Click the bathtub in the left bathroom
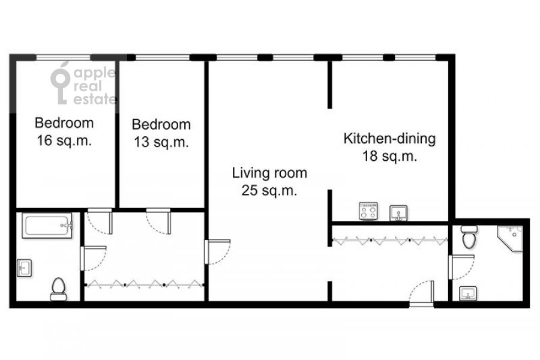click(47, 226)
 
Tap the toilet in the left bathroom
click(59, 289)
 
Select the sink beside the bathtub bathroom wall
click(24, 268)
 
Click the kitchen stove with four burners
click(368, 211)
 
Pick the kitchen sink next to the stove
click(398, 213)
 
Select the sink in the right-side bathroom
click(467, 293)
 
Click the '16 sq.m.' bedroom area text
click(64, 140)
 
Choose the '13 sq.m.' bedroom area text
click(161, 142)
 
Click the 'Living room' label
click(269, 173)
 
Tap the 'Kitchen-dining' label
click(389, 139)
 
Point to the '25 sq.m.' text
click(269, 190)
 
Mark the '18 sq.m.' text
click(389, 156)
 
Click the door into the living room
click(217, 252)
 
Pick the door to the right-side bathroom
click(461, 267)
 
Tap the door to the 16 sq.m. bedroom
click(100, 221)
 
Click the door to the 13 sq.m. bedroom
click(158, 221)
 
